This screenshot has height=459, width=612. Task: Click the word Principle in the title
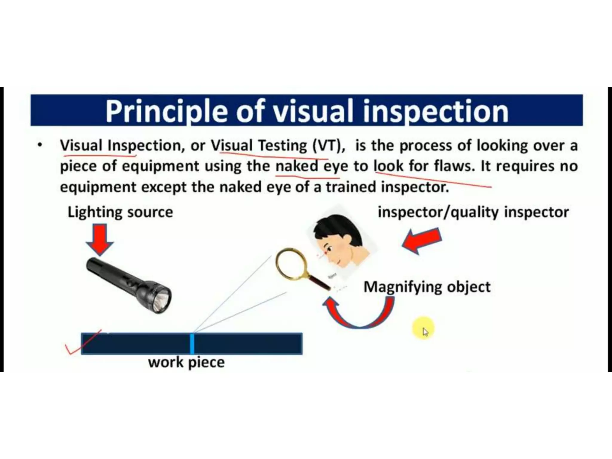coord(168,111)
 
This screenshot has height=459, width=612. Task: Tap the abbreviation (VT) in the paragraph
coord(328,146)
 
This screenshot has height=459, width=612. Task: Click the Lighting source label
coord(120,212)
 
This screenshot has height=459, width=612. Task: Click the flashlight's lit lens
coord(161,300)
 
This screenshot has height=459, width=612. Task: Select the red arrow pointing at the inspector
coord(421,241)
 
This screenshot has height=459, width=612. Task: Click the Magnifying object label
coord(427,287)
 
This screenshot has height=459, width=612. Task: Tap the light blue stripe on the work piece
coord(192,344)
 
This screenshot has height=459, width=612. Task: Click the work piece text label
coord(186,362)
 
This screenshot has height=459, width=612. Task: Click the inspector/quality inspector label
coord(473,212)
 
